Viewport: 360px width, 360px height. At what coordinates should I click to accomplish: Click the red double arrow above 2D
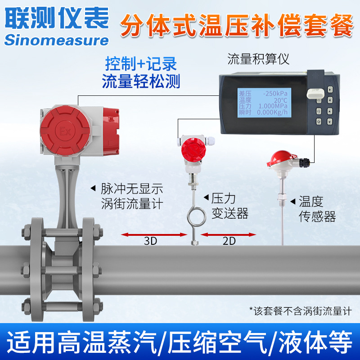229,234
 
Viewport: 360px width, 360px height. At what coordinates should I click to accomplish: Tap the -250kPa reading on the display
276,94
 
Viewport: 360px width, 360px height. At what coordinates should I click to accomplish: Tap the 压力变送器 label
229,206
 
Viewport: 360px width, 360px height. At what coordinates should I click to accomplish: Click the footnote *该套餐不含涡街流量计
300,310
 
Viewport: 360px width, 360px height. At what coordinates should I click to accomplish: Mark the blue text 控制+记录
141,63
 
